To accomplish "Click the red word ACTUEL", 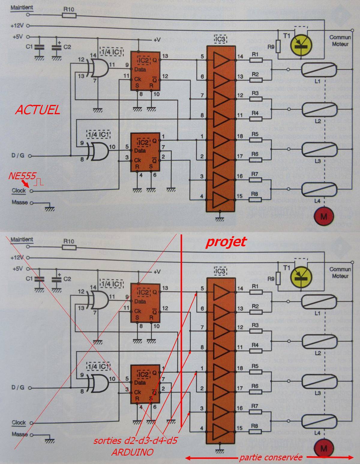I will [37, 110].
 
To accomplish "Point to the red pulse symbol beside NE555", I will [40, 182].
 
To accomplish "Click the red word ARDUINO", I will [132, 452].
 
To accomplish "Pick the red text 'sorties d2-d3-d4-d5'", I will [136, 441].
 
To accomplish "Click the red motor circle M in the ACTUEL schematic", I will [323, 216].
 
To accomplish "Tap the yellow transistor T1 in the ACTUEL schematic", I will [301, 43].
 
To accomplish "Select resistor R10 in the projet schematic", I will [69, 247].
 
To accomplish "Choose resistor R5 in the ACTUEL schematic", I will [256, 140].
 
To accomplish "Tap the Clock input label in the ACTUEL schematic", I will [19, 190].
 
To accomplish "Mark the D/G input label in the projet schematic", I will [18, 388].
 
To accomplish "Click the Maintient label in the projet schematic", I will [22, 239].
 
